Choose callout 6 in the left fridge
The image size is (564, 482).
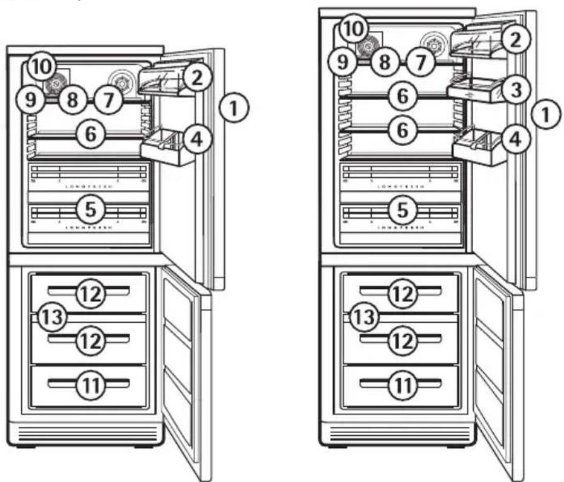point(90,134)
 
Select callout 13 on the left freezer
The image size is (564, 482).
point(50,316)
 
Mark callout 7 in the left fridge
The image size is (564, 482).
point(108,101)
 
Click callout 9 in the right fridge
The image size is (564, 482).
point(347,62)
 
